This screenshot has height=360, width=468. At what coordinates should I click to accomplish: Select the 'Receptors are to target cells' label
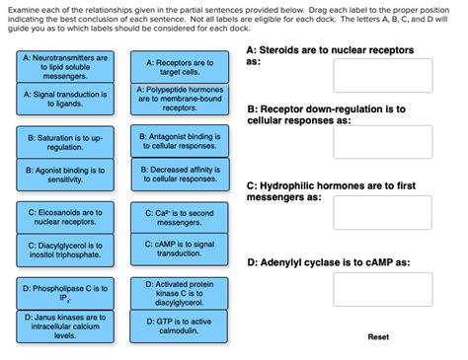point(179,67)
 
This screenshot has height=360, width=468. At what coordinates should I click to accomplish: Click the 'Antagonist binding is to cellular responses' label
point(179,143)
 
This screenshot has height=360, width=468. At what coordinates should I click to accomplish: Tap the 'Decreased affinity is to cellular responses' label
point(179,175)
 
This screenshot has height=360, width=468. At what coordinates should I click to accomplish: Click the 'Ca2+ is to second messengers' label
point(179,217)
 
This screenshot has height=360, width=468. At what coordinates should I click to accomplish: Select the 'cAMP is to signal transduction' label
point(179,250)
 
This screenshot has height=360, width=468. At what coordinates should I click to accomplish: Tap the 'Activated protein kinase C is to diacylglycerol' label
point(179,293)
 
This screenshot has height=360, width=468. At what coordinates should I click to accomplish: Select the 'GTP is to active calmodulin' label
point(179,326)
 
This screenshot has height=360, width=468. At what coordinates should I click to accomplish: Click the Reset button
point(378,336)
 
